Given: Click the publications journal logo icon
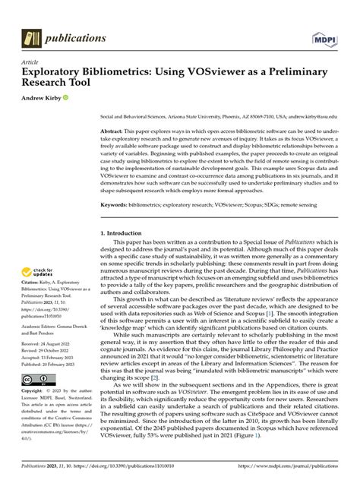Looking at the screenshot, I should [32, 36].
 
